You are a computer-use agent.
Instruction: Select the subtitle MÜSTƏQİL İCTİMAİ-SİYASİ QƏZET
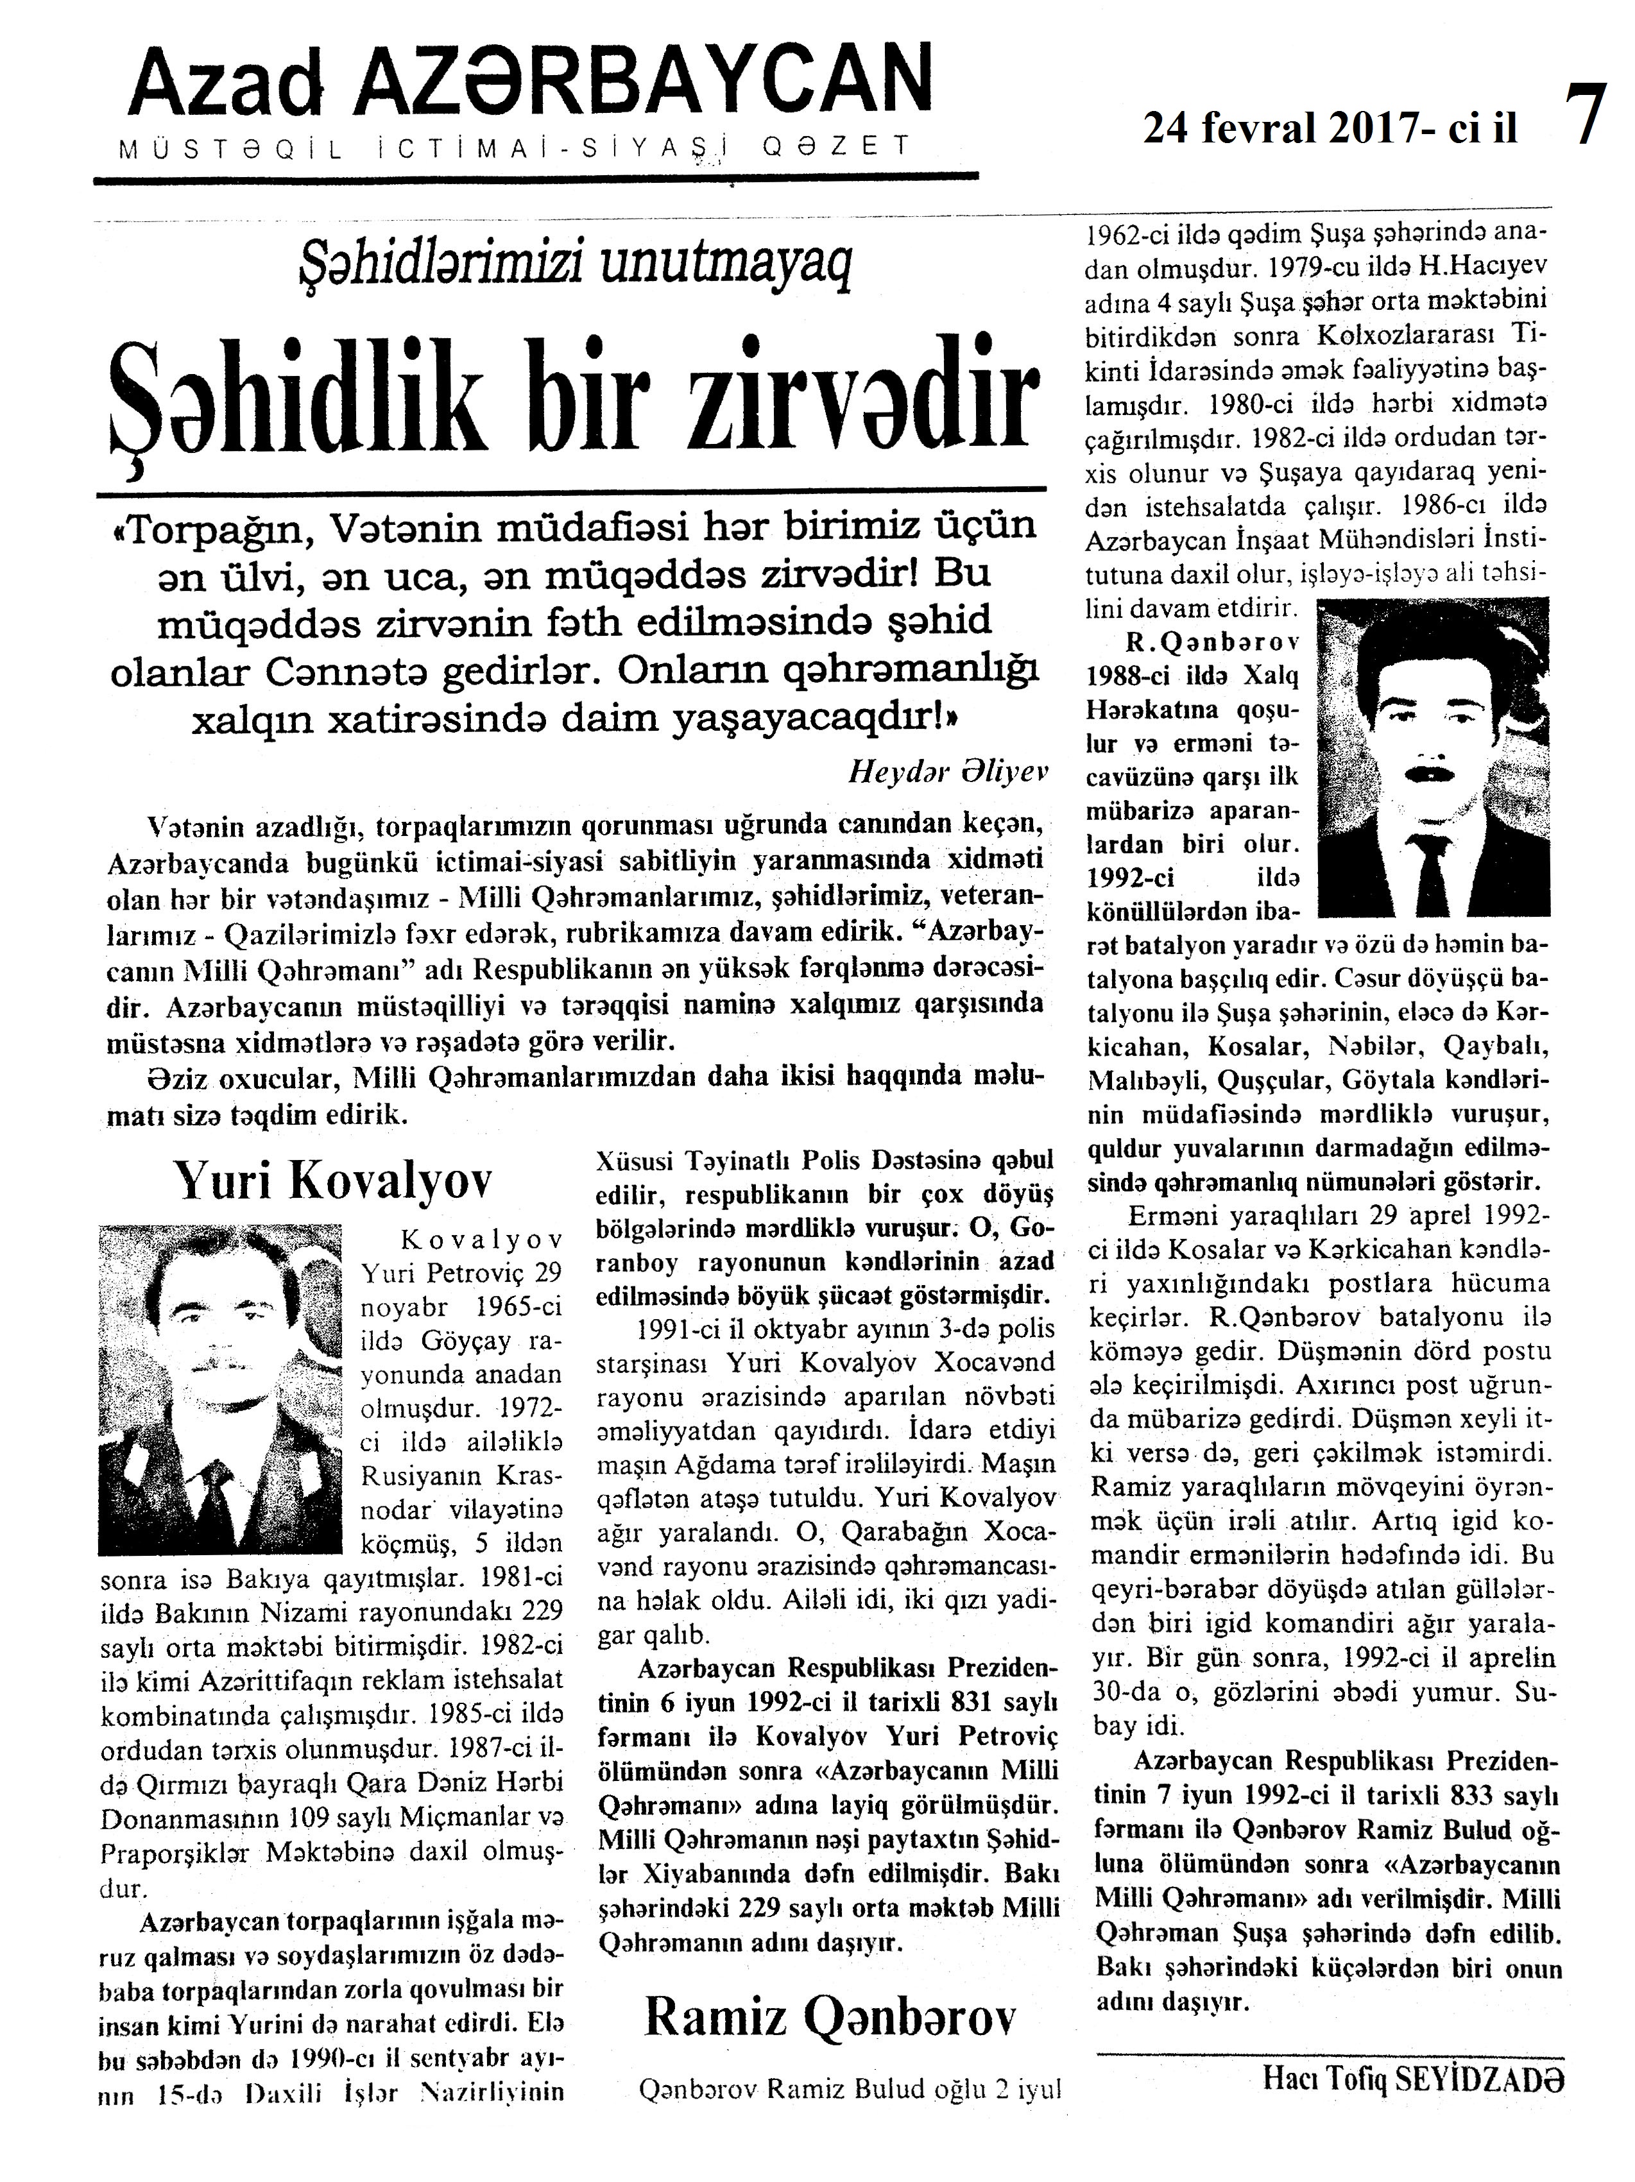click(x=514, y=148)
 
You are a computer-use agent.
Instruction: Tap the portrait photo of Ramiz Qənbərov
click(x=1433, y=756)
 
